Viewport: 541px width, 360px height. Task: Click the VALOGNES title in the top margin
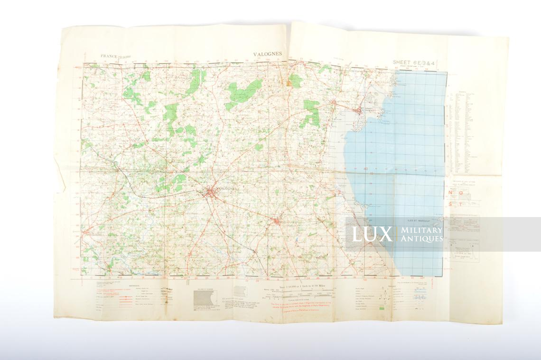click(268, 54)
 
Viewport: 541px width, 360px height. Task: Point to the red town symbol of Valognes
click(211, 191)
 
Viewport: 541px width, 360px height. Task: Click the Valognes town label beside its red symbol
click(226, 189)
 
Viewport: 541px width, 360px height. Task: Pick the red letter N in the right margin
click(451, 193)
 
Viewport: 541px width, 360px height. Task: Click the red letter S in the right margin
click(451, 204)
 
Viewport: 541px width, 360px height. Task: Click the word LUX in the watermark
click(372, 234)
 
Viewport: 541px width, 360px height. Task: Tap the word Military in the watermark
click(421, 230)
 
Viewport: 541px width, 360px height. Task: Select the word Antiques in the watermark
click(421, 239)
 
